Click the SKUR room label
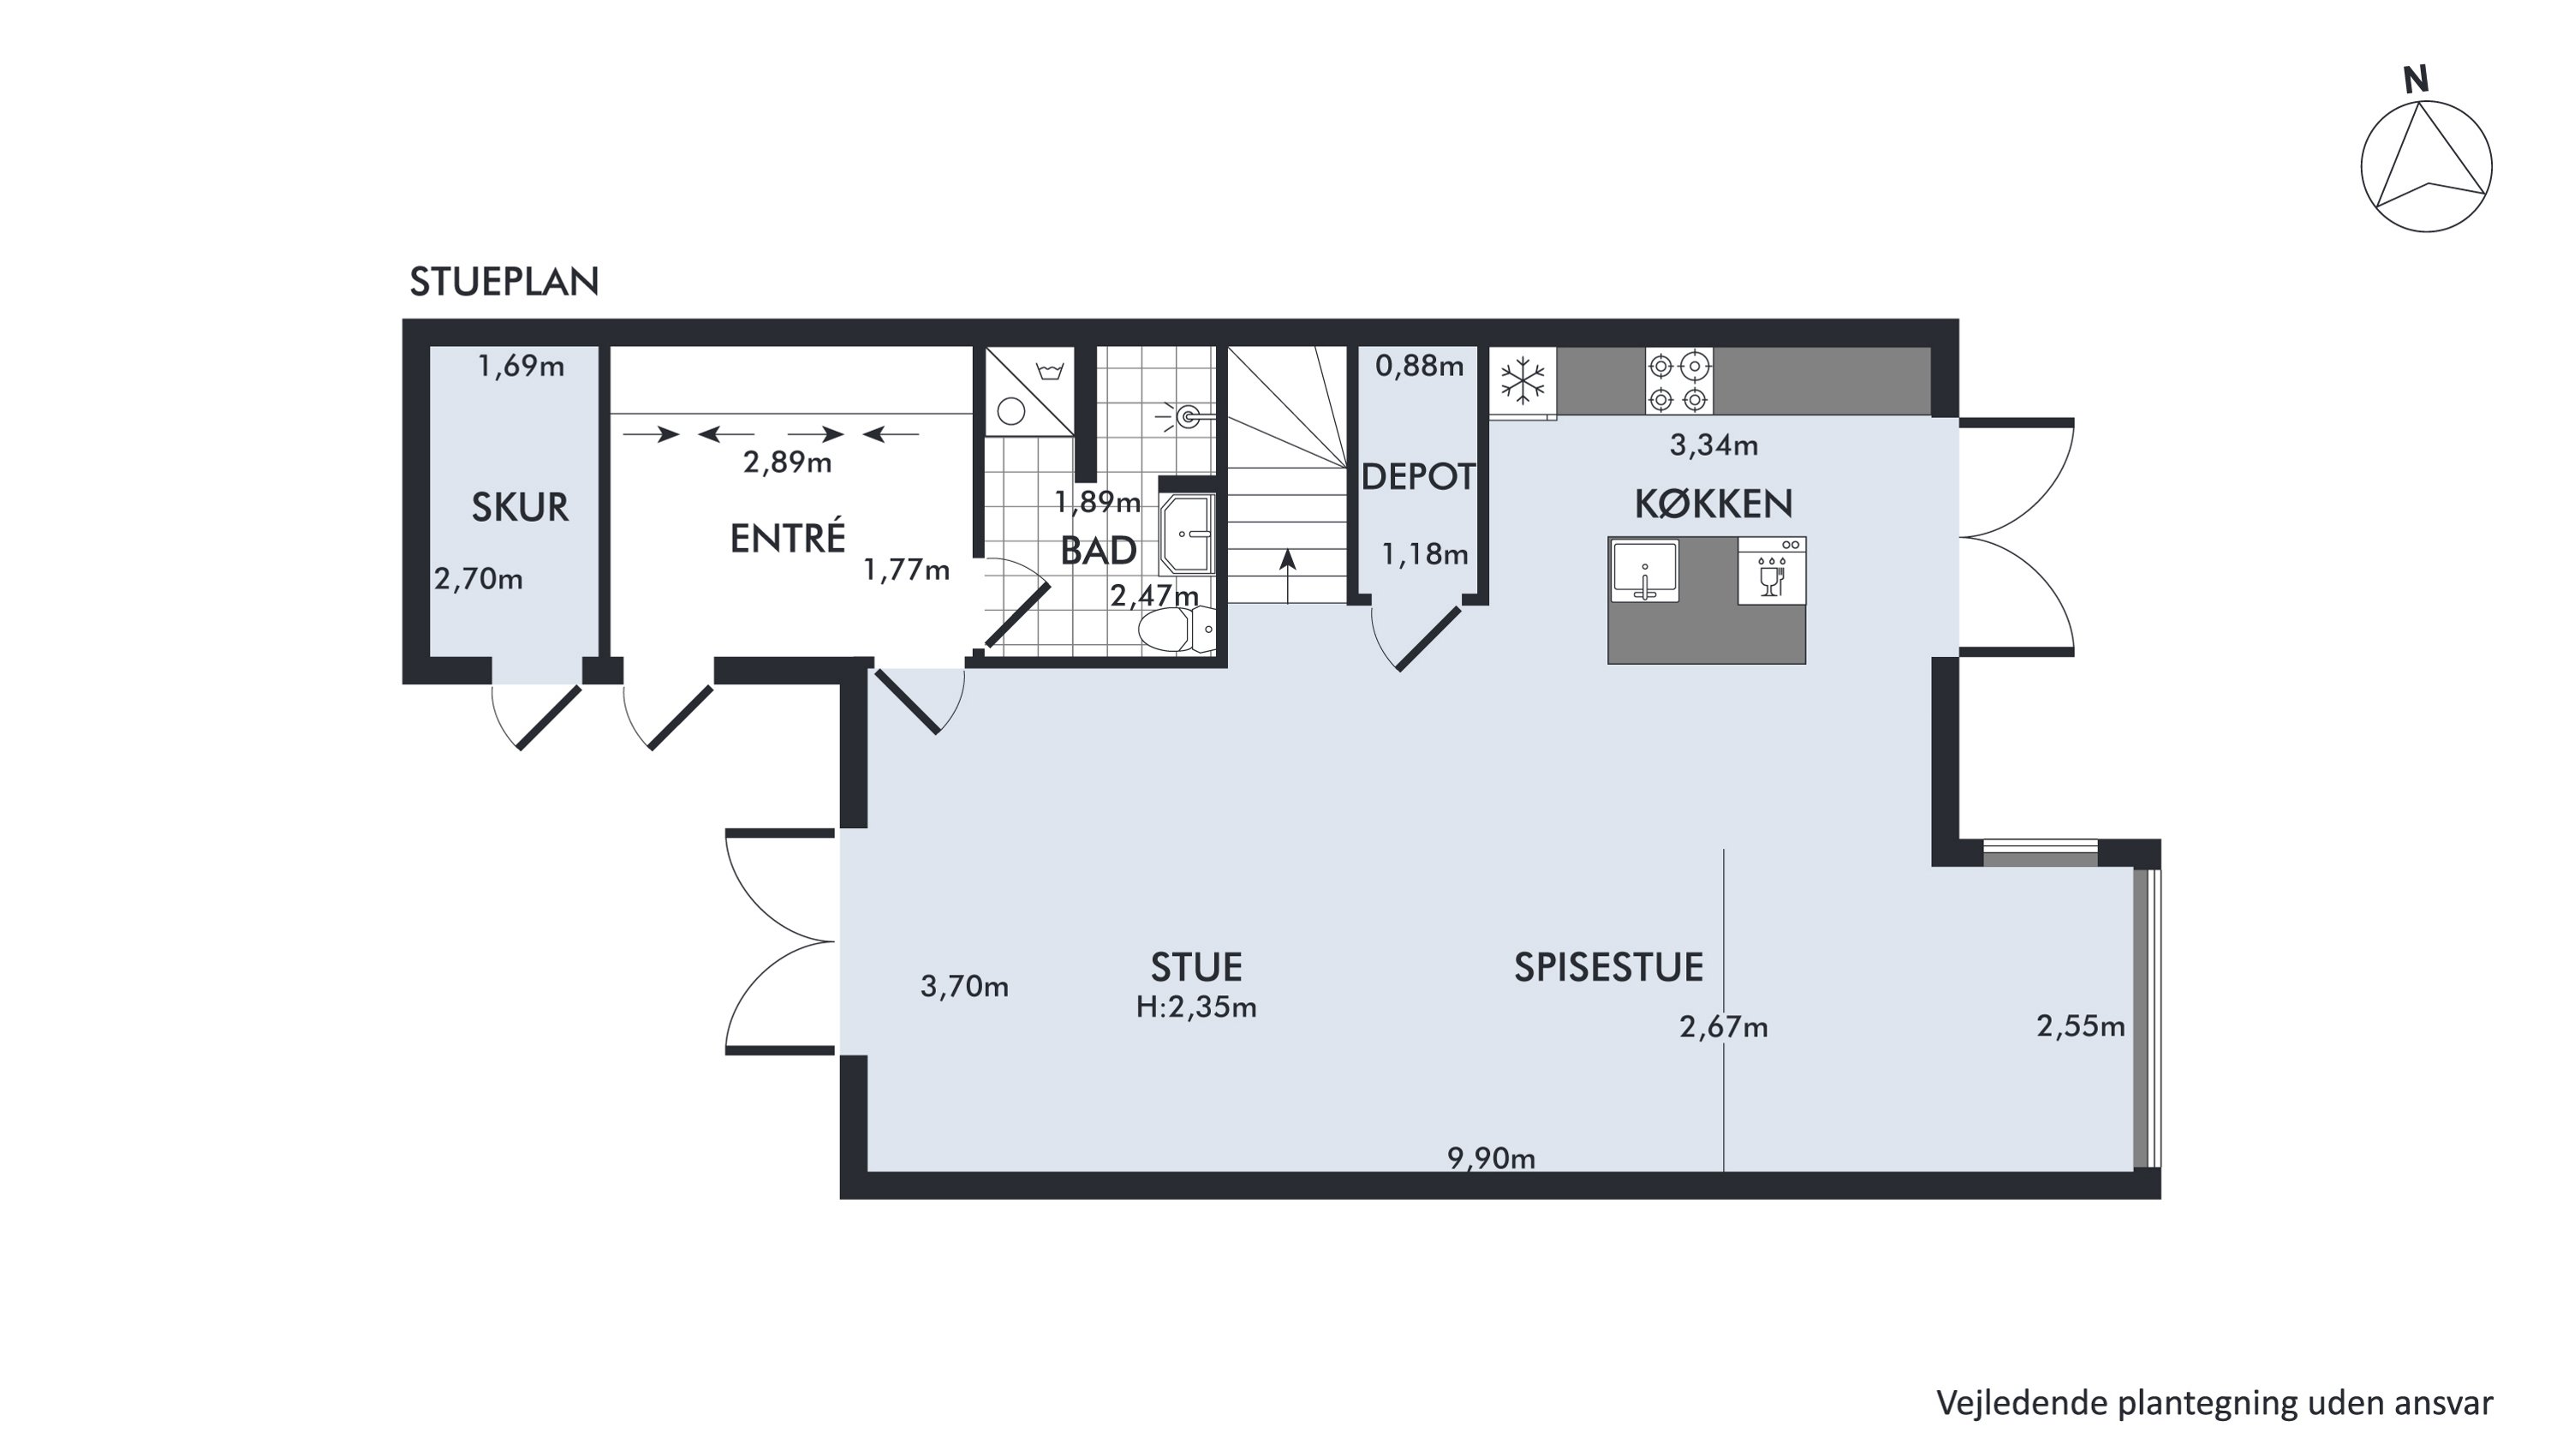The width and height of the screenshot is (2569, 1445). pyautogui.click(x=520, y=508)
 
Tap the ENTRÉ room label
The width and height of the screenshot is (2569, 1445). pyautogui.click(x=788, y=539)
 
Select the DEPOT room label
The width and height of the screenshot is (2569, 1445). pyautogui.click(x=1417, y=477)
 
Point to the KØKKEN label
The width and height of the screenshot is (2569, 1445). pyautogui.click(x=1714, y=504)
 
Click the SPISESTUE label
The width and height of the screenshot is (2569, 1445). pyautogui.click(x=1608, y=967)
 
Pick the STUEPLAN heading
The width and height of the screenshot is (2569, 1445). pyautogui.click(x=504, y=282)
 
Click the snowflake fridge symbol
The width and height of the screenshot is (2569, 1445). pyautogui.click(x=1523, y=381)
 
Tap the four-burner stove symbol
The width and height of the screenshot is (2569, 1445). pyautogui.click(x=1678, y=381)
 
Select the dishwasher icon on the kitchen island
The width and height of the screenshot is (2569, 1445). pyautogui.click(x=1771, y=571)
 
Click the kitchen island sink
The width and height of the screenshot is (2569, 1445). pyautogui.click(x=1644, y=571)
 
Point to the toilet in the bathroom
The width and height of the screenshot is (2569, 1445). pyautogui.click(x=1177, y=630)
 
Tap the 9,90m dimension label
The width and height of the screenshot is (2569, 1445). pyautogui.click(x=1491, y=1158)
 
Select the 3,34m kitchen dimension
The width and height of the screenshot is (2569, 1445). pyautogui.click(x=1714, y=445)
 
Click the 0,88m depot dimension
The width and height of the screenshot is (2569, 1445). pyautogui.click(x=1419, y=366)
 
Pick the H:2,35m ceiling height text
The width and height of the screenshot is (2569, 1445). pyautogui.click(x=1195, y=1007)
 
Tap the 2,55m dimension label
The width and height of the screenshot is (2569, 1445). pyautogui.click(x=2080, y=1026)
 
